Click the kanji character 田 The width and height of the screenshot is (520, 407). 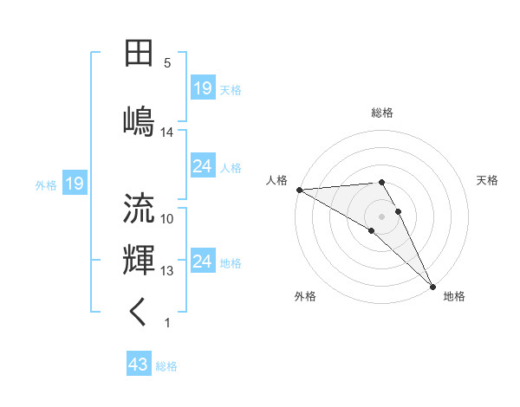139,54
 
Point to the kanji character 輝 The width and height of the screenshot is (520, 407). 139,259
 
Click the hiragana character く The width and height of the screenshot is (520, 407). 139,312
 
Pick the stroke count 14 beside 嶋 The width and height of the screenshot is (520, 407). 167,132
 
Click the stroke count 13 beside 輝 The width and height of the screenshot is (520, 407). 167,271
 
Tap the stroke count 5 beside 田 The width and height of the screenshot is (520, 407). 167,63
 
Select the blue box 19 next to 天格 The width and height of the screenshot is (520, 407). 203,88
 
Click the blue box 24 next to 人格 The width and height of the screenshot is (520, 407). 203,167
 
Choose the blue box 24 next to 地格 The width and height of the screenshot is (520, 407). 203,262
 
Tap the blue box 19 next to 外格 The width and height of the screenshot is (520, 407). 74,184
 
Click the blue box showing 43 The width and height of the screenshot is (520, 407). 139,365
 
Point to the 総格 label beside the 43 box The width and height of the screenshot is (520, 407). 166,366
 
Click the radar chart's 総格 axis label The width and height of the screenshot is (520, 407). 382,113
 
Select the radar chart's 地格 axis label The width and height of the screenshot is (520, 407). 454,296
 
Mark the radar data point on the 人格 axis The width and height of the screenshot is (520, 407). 299,190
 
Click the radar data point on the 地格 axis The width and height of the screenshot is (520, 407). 432,286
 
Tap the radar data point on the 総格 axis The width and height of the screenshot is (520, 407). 381,182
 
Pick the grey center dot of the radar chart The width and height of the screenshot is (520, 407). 381,216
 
